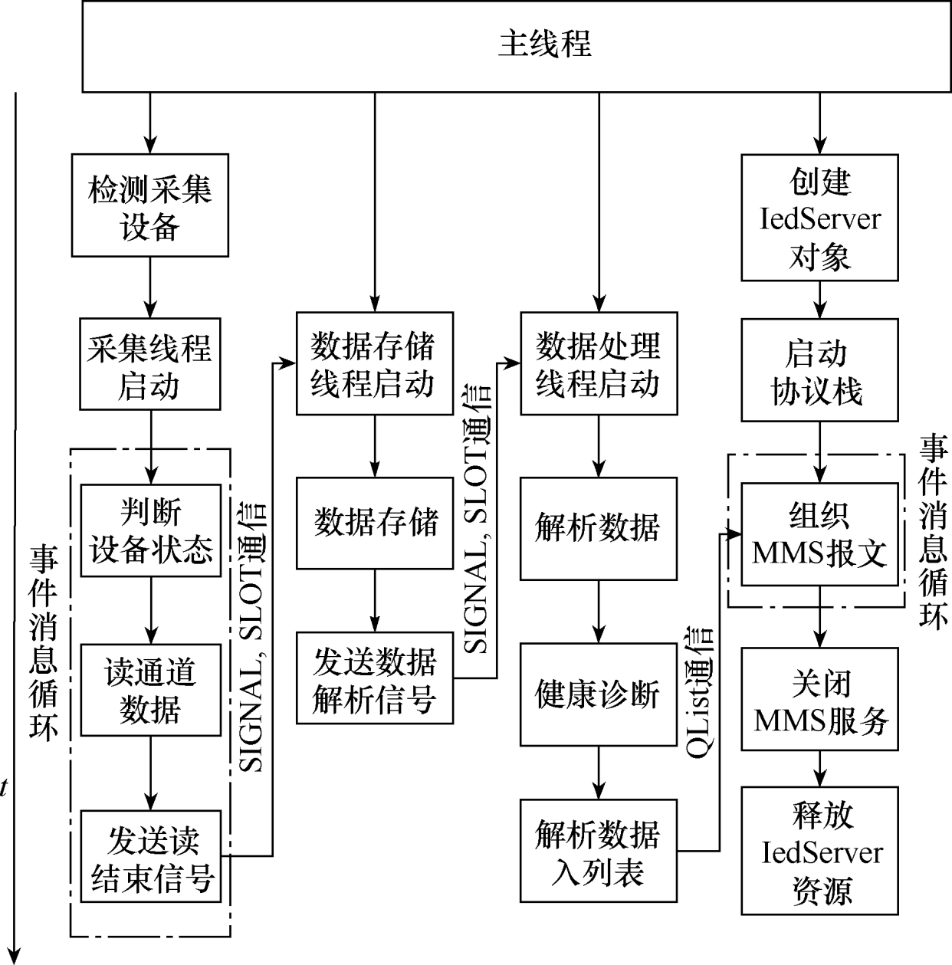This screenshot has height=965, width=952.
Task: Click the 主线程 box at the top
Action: pyautogui.click(x=544, y=45)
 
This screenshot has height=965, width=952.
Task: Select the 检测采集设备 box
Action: pyautogui.click(x=149, y=205)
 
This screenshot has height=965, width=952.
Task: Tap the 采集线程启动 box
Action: pyautogui.click(x=149, y=364)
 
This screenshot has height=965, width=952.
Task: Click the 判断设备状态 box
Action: pyautogui.click(x=150, y=530)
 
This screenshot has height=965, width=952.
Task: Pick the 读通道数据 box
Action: pyautogui.click(x=150, y=690)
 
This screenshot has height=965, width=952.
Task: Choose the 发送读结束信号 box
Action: pyautogui.click(x=150, y=856)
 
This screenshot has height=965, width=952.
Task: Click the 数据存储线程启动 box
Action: pyautogui.click(x=374, y=363)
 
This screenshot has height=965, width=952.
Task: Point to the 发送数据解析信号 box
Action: pyautogui.click(x=374, y=678)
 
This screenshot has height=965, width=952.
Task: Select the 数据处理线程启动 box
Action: pyautogui.click(x=599, y=363)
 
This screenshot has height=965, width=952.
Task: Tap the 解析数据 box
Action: pyautogui.click(x=599, y=528)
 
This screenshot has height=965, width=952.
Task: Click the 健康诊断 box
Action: pyautogui.click(x=599, y=694)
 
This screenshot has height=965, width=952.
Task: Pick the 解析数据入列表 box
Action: pyautogui.click(x=599, y=851)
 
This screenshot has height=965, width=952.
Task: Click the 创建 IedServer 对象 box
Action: pyautogui.click(x=819, y=217)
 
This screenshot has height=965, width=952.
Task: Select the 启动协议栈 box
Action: pyautogui.click(x=819, y=370)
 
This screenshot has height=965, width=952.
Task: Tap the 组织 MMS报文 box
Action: pyautogui.click(x=819, y=533)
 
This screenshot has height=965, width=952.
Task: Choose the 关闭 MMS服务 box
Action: pyautogui.click(x=819, y=699)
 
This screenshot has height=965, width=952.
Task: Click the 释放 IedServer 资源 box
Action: pyautogui.click(x=819, y=851)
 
